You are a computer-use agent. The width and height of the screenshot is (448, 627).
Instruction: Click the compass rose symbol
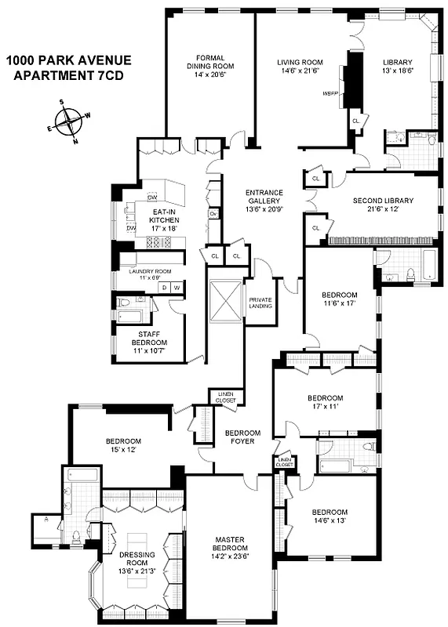(71, 121)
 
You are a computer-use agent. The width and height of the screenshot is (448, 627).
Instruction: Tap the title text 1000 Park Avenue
(68, 60)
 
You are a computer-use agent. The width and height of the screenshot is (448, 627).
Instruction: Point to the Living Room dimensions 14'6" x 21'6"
(300, 73)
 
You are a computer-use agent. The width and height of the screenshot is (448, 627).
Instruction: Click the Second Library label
(382, 200)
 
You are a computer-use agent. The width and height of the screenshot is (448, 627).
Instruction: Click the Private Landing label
(260, 302)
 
